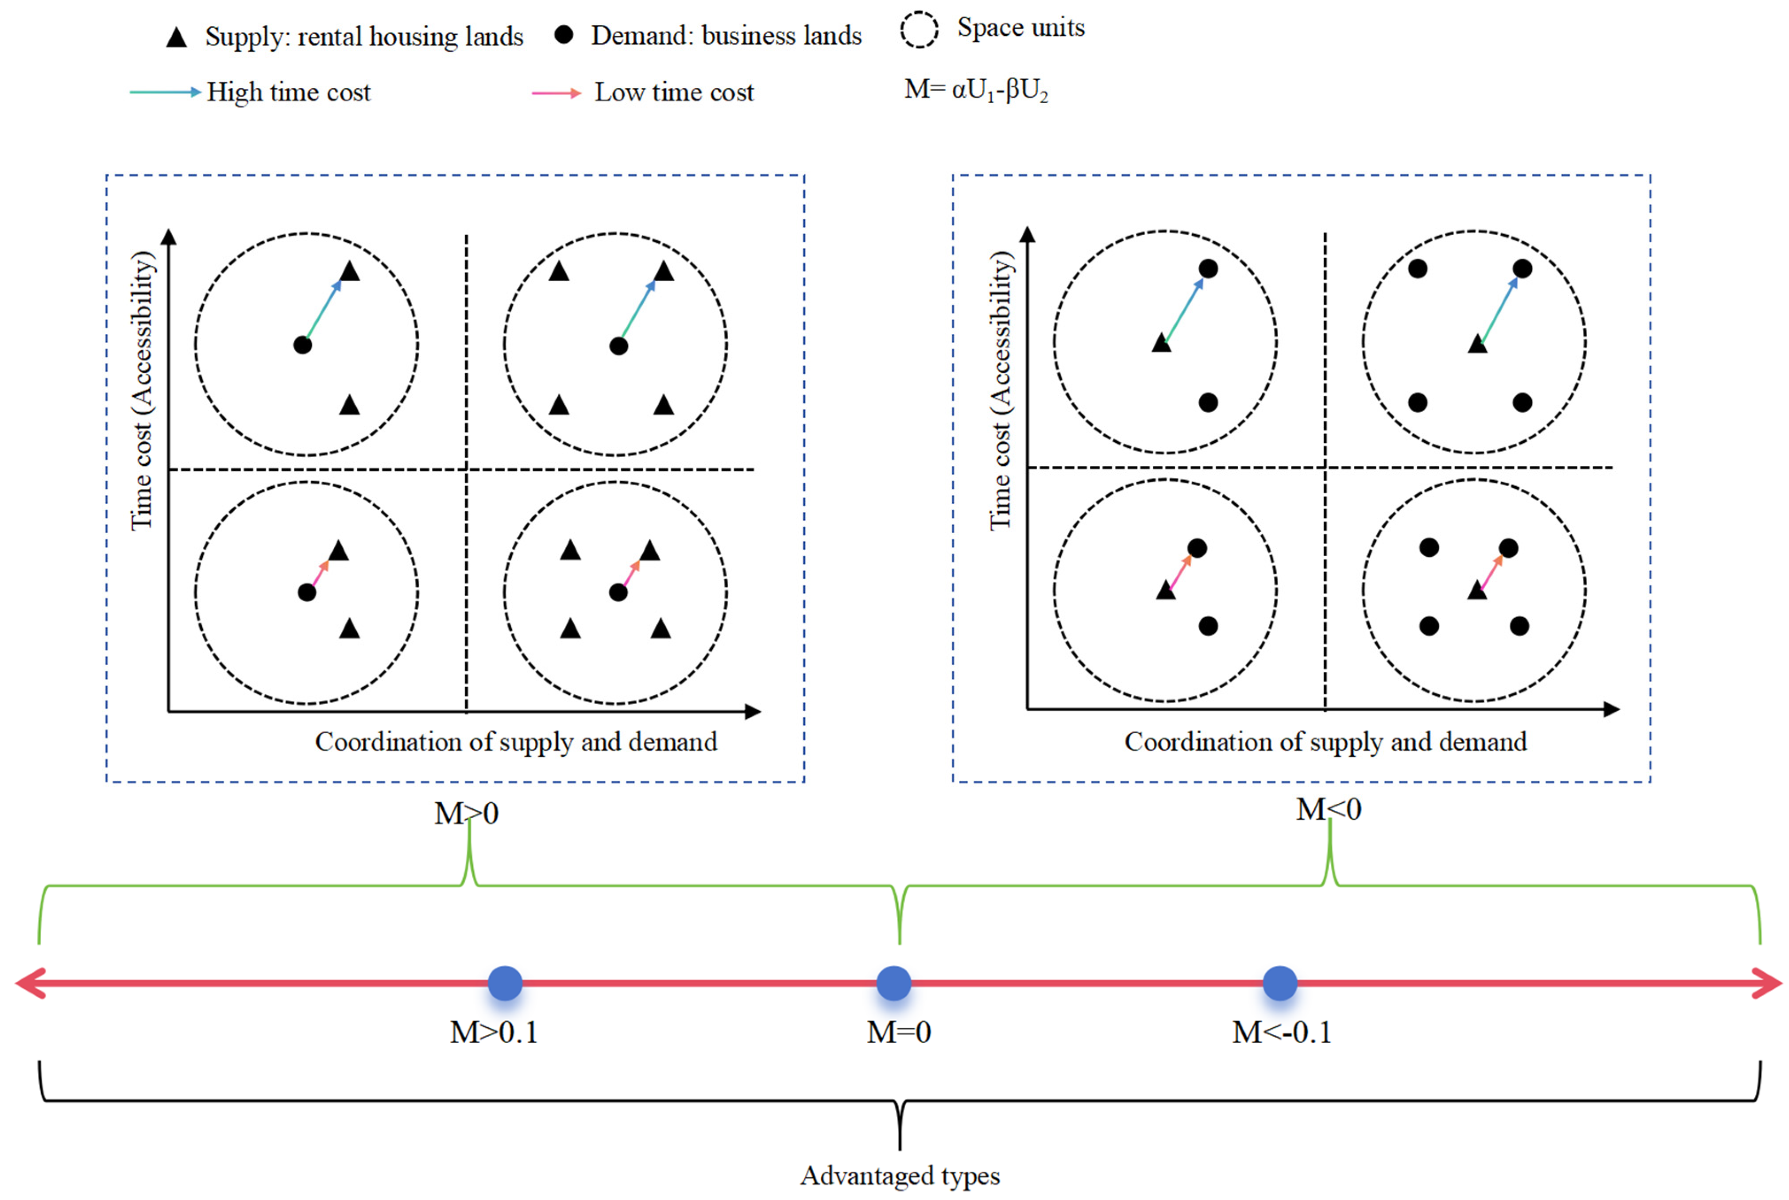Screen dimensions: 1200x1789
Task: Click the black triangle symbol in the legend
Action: [x=177, y=38]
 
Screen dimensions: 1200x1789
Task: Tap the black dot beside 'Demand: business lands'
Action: [x=564, y=35]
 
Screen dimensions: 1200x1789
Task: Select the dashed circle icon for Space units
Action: [x=919, y=30]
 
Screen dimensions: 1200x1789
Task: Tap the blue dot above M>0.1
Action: [x=505, y=983]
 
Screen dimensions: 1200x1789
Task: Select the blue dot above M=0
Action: [x=894, y=983]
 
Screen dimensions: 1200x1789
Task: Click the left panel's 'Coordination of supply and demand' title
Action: [x=516, y=742]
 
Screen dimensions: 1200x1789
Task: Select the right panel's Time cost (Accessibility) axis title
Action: [x=1001, y=390]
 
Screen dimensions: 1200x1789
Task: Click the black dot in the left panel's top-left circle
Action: [x=303, y=345]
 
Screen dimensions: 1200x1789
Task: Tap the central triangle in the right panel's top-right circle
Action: [x=1478, y=345]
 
